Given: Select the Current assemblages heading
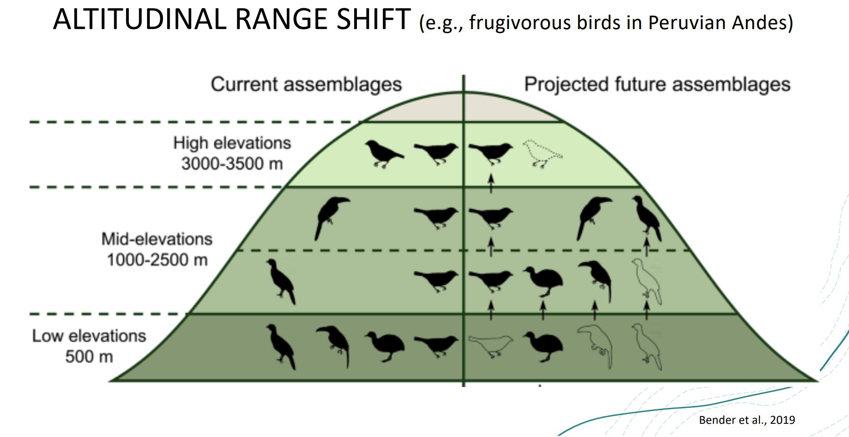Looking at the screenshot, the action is coord(306,85).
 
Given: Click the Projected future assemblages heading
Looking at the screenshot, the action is coord(657,85).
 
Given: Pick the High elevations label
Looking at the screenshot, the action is coord(232,143).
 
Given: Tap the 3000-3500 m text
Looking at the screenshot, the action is coord(232,163).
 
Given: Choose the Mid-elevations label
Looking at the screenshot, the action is coord(157,239).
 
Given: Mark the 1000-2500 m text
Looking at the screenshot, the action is coord(157,260).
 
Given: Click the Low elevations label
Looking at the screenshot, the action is coord(89,336).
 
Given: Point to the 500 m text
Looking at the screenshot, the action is coord(89,356).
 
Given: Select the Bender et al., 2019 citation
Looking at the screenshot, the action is coord(747,420).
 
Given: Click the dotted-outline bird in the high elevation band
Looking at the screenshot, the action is coord(542,153).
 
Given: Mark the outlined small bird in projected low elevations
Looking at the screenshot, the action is coord(491,345).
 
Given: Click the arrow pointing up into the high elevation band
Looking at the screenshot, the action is coord(491,183).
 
